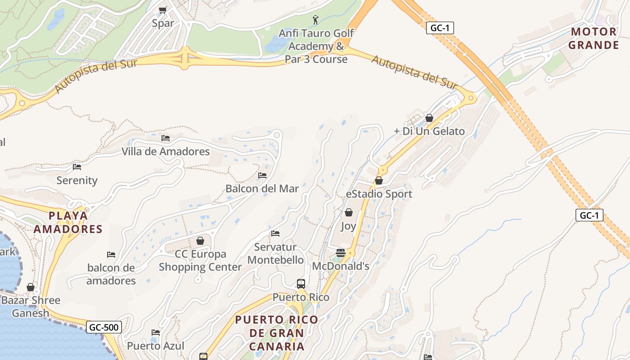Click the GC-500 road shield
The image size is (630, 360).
[x=104, y=327]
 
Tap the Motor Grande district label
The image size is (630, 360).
[x=594, y=38]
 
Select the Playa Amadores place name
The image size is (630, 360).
[x=68, y=222]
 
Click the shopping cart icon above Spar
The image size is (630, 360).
[x=163, y=10]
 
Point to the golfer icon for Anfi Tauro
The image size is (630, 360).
[x=315, y=20]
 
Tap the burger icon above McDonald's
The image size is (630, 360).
[x=341, y=253]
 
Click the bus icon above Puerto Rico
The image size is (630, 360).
[x=301, y=284]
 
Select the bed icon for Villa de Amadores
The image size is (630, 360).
[x=166, y=138]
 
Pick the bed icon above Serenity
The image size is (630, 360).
[x=77, y=167]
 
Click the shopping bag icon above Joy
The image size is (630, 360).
[x=348, y=212]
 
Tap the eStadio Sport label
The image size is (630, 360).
[x=379, y=194]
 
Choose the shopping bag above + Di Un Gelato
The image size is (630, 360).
[x=429, y=118]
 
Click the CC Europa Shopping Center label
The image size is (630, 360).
[x=200, y=260]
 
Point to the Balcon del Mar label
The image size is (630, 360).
[x=262, y=189]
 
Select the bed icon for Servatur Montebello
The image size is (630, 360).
[x=275, y=234]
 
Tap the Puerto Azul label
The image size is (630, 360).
[x=156, y=346]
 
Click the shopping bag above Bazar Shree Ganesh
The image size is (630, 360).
[x=31, y=287]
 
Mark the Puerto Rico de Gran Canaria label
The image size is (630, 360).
[x=276, y=333]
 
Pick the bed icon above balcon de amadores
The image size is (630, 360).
[x=111, y=255]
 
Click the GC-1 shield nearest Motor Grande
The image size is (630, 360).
[x=440, y=28]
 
